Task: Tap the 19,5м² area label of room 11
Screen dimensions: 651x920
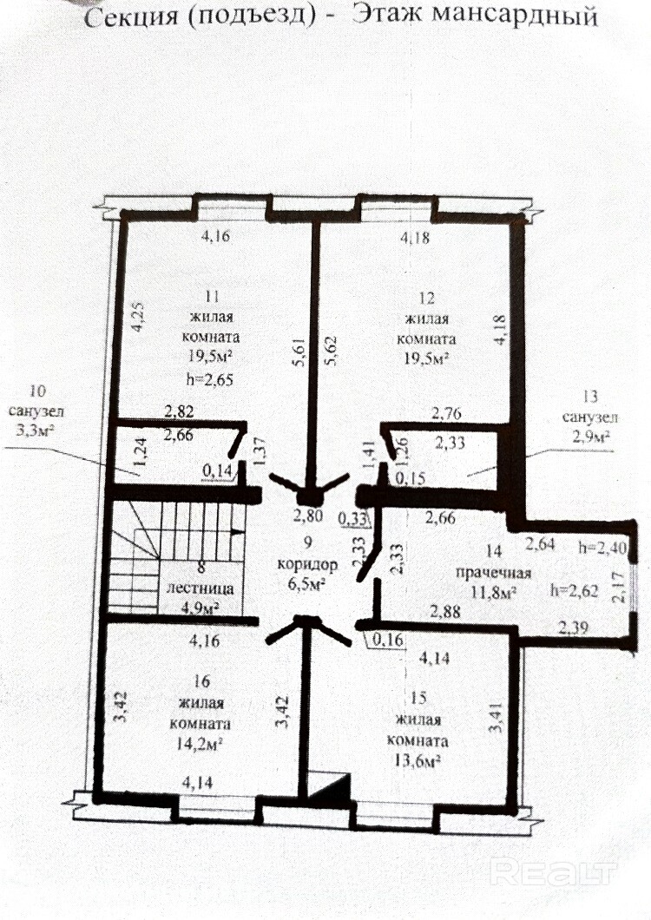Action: [211, 358]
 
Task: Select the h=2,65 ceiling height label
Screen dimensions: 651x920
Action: [209, 379]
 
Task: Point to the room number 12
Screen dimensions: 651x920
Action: [427, 298]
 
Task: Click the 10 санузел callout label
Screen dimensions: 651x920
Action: [36, 411]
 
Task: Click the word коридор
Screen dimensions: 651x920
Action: [307, 565]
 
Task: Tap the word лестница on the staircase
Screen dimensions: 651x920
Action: [201, 588]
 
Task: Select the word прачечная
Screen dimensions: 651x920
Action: [493, 573]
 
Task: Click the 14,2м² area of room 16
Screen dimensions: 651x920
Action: [199, 744]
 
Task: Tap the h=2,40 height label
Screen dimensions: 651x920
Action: [602, 548]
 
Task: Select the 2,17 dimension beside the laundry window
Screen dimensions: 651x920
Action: [618, 589]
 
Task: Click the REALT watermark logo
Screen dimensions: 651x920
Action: [552, 872]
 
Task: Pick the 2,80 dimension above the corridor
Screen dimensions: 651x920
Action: [308, 516]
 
